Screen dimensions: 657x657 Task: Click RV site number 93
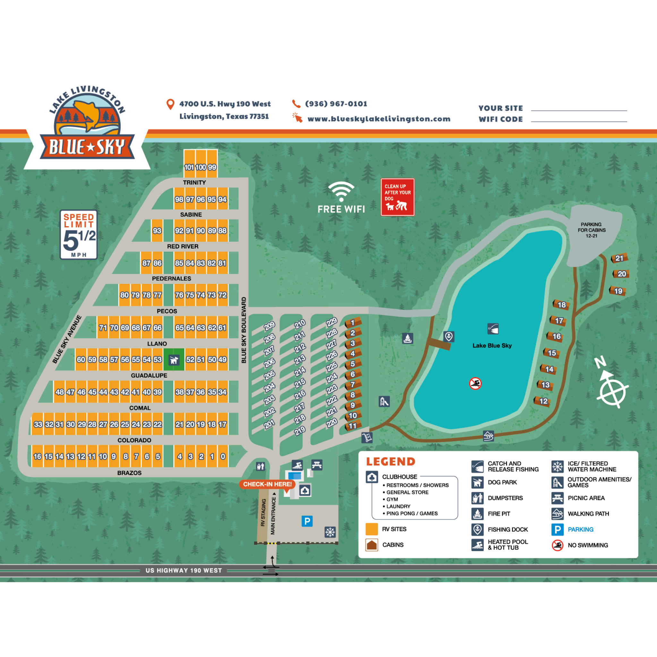pos(157,231)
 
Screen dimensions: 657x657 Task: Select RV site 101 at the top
pos(189,167)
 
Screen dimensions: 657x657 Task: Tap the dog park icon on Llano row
pos(174,360)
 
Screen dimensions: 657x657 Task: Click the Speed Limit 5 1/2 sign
pos(79,235)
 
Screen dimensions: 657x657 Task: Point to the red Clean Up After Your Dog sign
pos(397,197)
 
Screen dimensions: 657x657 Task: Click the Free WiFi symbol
pos(341,197)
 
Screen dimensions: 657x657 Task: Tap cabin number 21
pos(619,258)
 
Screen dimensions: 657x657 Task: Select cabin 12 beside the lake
pos(543,401)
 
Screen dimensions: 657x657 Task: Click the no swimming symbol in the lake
pos(475,384)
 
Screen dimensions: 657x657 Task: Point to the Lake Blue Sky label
pos(492,346)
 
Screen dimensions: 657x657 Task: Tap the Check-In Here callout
pos(267,484)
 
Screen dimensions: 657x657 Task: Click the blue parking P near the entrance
pos(307,521)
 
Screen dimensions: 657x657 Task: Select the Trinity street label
pos(194,183)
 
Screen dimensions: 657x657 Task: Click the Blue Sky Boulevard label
pos(243,330)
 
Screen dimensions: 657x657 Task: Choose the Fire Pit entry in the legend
pos(499,514)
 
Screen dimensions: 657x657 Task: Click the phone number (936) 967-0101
pos(336,104)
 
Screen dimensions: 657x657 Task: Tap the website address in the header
pos(379,119)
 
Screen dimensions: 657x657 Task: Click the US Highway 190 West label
pos(183,570)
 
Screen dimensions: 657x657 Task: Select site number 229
pos(331,322)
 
